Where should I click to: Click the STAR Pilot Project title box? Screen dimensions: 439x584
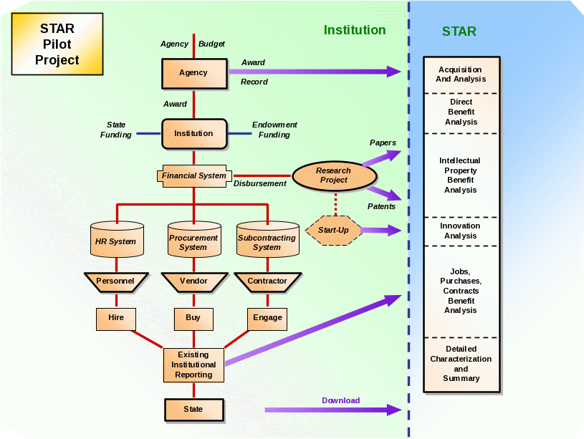click(x=57, y=44)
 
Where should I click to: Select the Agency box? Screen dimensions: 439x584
click(x=193, y=73)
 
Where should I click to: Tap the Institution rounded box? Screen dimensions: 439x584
click(x=193, y=133)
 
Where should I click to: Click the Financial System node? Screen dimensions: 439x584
click(x=193, y=175)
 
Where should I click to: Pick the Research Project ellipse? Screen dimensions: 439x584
click(x=333, y=175)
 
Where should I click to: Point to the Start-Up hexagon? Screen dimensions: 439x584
click(x=333, y=231)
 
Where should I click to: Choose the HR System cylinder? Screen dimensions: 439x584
click(x=115, y=239)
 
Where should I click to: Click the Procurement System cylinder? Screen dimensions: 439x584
click(x=193, y=239)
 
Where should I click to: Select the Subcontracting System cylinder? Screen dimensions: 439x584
click(x=267, y=239)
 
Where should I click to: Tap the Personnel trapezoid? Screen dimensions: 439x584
click(x=115, y=281)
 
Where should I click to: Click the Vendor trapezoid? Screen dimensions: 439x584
click(x=193, y=281)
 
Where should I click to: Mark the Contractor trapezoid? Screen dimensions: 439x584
click(x=267, y=281)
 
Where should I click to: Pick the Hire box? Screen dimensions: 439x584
click(x=115, y=318)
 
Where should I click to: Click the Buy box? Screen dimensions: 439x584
click(x=193, y=318)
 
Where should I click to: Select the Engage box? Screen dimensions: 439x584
click(x=267, y=318)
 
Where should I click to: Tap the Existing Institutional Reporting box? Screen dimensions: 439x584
click(x=193, y=365)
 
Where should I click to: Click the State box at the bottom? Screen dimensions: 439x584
click(x=193, y=410)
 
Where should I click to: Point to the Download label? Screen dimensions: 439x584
click(x=340, y=400)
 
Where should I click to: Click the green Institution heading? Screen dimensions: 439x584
click(x=355, y=30)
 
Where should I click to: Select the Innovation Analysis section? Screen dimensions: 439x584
click(x=461, y=231)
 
